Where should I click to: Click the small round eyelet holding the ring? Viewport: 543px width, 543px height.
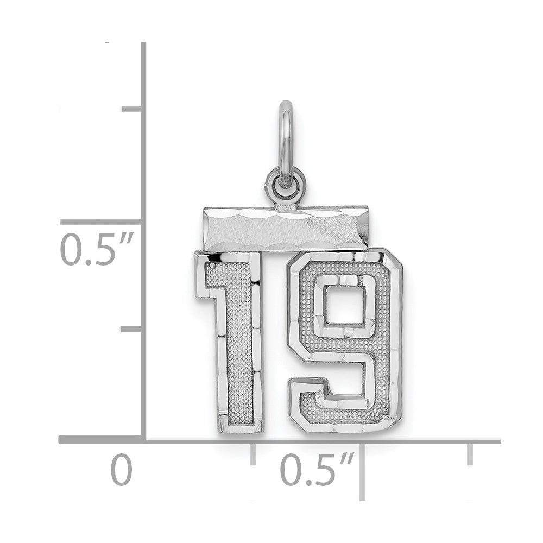click(286, 184)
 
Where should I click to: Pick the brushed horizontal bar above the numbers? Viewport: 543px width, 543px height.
click(286, 228)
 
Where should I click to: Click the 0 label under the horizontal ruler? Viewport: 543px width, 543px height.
click(121, 470)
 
